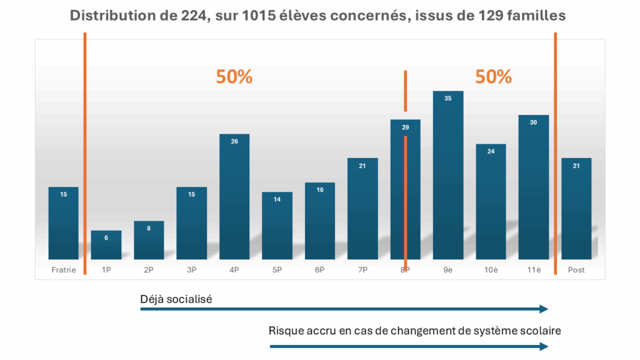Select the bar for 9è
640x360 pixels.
pos(447,175)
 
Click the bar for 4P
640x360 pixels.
pos(234,196)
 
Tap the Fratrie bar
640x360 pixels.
pos(63,222)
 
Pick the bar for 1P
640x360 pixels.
pos(106,244)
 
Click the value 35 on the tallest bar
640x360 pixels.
pos(447,98)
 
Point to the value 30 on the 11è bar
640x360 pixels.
pos(533,122)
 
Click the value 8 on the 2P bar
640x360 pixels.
pos(149,228)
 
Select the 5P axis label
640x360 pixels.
pos(277,270)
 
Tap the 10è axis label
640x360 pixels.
pos(491,270)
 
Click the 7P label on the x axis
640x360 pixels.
pos(362,270)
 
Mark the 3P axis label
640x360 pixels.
pos(191,270)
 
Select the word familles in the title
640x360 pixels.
pos(536,16)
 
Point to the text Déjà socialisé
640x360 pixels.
pos(176,299)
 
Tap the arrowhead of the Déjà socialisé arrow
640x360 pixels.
pos(544,309)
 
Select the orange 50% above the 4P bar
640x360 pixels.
pos(234,77)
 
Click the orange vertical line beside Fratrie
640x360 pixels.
pos(85,156)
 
